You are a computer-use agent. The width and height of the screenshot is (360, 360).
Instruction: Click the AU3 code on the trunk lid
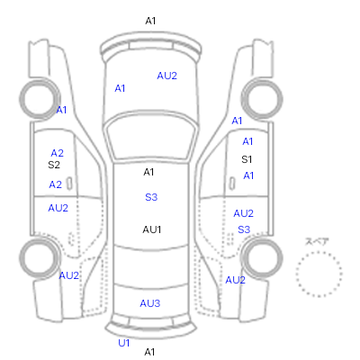pos(150,303)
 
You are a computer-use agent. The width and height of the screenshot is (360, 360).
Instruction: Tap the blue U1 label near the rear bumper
pos(124,343)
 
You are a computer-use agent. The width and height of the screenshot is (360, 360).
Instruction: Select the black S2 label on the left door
pos(54,165)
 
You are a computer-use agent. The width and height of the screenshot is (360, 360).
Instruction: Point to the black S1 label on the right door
pos(247,159)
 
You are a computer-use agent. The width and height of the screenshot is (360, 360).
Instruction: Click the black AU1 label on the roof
pos(152,229)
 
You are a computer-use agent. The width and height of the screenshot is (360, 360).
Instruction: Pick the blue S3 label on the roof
pos(151,197)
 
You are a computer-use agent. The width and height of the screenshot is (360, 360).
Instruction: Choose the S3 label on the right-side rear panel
pos(244,229)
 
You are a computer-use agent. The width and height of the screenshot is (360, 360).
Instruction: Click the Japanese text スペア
pos(317,241)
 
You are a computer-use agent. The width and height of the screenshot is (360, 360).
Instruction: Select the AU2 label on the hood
pos(167,76)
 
